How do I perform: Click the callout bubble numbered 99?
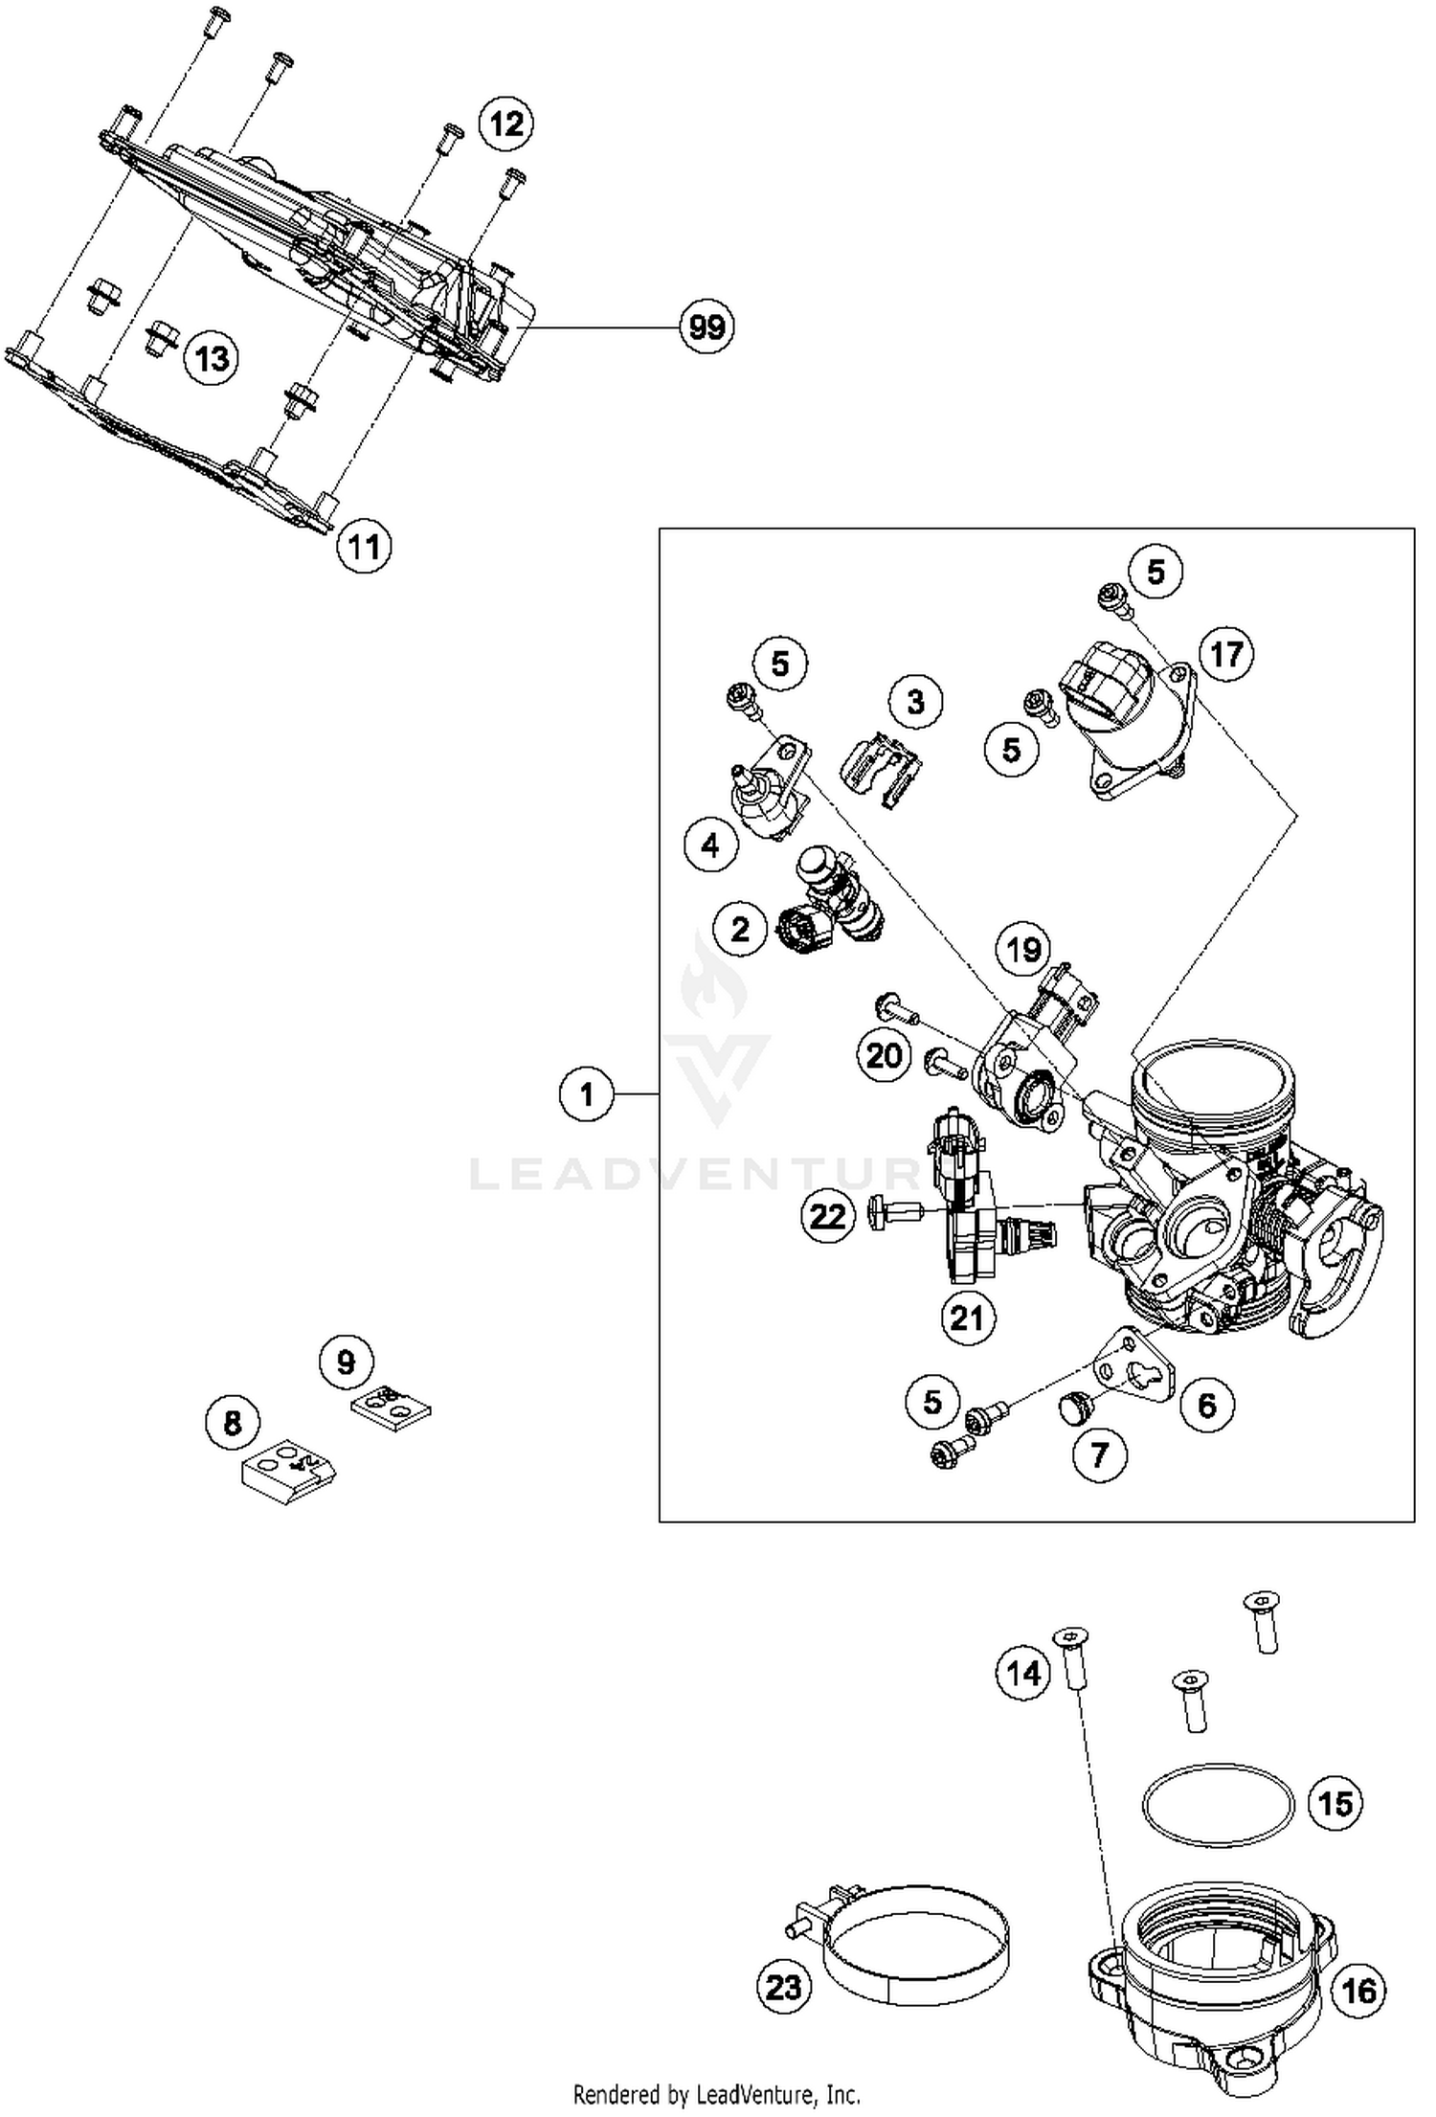tap(707, 327)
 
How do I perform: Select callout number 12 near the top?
tap(506, 124)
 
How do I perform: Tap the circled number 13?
tap(211, 359)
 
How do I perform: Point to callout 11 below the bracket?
tap(364, 548)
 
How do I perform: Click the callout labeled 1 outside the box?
tap(586, 1093)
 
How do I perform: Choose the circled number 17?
tap(1226, 655)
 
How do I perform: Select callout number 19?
tap(1023, 950)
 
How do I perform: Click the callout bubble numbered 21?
tap(967, 1318)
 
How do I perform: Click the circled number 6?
tap(1207, 1406)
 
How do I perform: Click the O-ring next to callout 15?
tap(1218, 1805)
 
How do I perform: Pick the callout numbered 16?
tap(1358, 1993)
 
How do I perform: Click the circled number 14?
tap(1023, 1674)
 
